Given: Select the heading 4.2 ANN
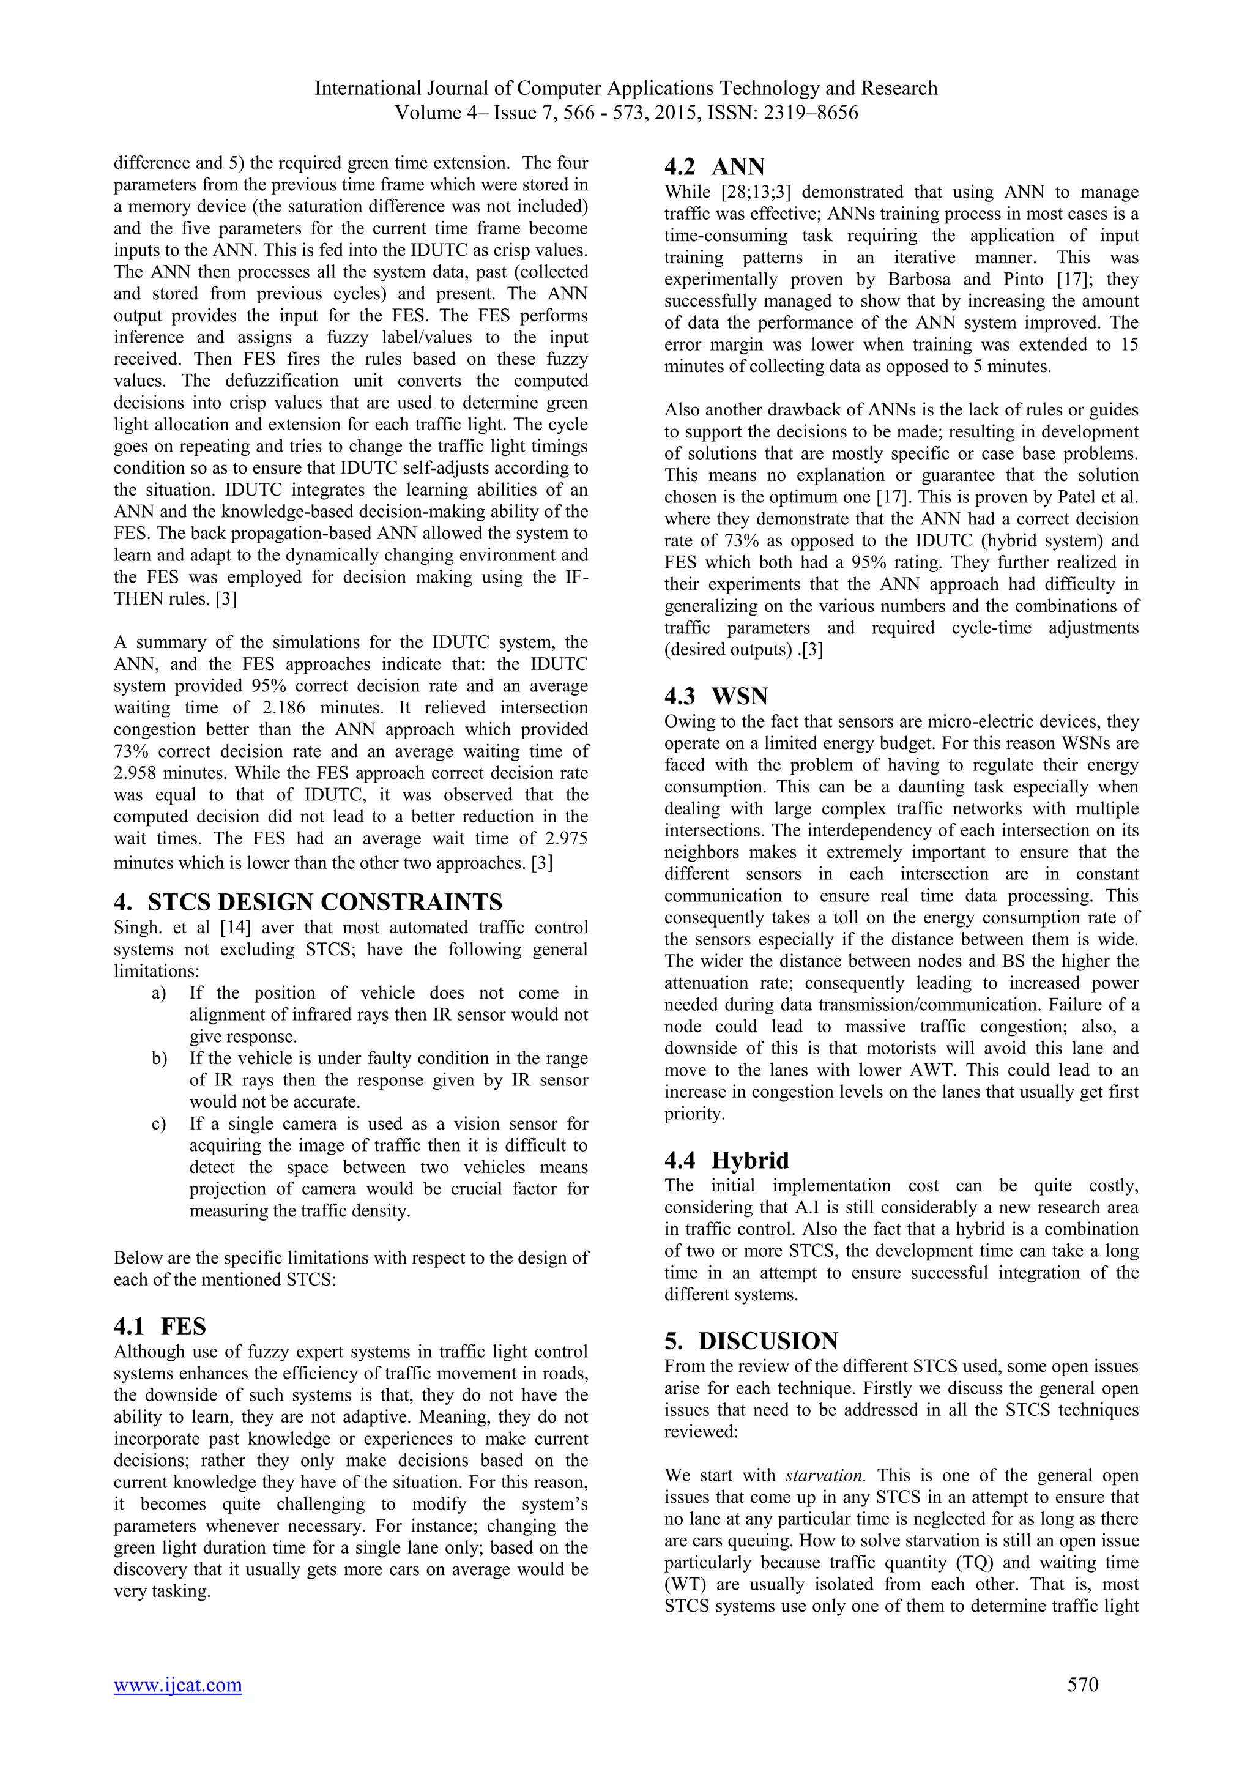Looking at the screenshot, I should (x=715, y=166).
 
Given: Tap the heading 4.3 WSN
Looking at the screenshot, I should (x=715, y=696).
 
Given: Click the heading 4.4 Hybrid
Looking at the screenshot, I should (x=726, y=1160).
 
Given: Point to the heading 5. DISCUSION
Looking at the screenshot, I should (x=751, y=1341).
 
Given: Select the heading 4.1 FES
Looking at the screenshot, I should (x=160, y=1326).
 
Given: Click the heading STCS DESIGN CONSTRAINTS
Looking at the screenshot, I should (x=325, y=901).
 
